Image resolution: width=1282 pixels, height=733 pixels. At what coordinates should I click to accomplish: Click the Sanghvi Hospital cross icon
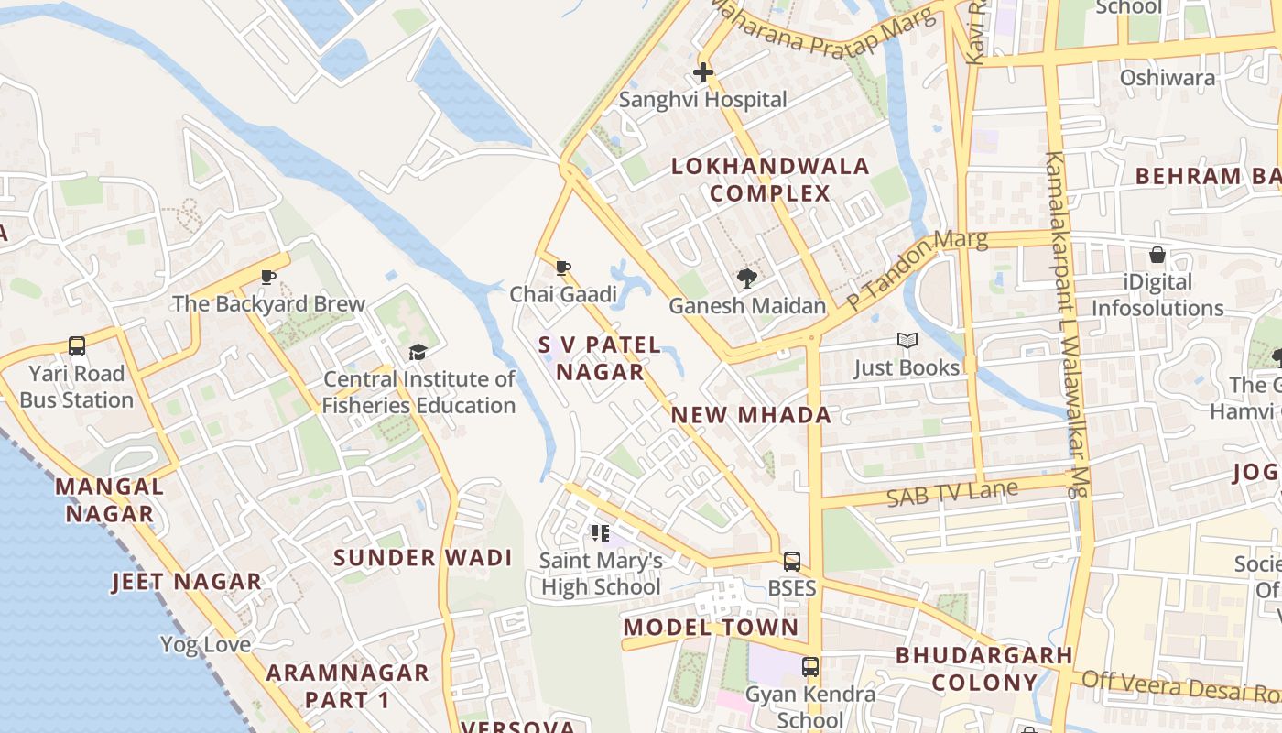(x=703, y=71)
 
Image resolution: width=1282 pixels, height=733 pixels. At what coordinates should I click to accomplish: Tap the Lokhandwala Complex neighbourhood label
(x=770, y=180)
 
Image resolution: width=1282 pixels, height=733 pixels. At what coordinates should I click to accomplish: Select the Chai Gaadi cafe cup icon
(x=563, y=268)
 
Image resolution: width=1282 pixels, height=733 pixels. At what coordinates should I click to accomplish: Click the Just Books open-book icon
(x=907, y=341)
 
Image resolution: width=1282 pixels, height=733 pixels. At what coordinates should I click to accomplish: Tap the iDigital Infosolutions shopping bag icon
(x=1157, y=255)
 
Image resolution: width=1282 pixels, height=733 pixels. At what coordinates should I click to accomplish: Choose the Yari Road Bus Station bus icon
(x=77, y=346)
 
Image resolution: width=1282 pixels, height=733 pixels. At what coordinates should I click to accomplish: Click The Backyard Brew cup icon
(x=268, y=277)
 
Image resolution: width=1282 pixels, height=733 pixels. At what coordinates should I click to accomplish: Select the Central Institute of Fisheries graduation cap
(x=418, y=352)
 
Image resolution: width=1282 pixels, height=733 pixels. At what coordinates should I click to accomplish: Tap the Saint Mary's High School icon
(x=601, y=533)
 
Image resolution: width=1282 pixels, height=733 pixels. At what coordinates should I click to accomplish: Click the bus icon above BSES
(x=791, y=561)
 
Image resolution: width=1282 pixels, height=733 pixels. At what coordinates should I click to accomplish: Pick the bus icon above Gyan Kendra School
(x=809, y=666)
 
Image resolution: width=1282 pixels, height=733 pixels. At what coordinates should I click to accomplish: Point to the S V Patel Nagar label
(x=600, y=358)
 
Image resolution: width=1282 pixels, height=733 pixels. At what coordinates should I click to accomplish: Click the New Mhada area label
(x=751, y=415)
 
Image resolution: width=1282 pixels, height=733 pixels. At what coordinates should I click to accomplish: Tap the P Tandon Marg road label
(x=917, y=269)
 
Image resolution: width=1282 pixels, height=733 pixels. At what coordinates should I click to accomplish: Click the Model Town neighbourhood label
(x=711, y=628)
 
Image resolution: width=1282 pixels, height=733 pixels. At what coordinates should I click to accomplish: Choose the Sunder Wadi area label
(x=422, y=558)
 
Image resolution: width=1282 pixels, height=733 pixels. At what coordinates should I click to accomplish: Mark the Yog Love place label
(x=205, y=645)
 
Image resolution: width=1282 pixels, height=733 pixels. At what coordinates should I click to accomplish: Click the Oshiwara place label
(x=1168, y=78)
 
